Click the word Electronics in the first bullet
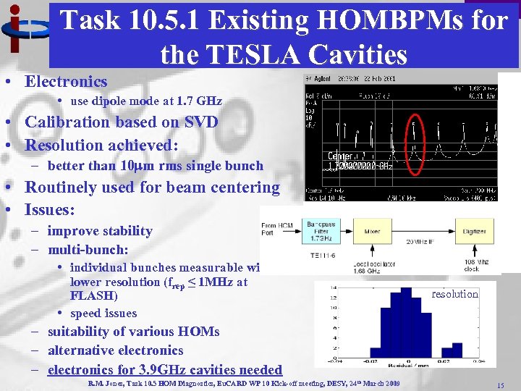click(x=66, y=82)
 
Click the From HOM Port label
click(x=277, y=230)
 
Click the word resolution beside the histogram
click(x=454, y=294)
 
